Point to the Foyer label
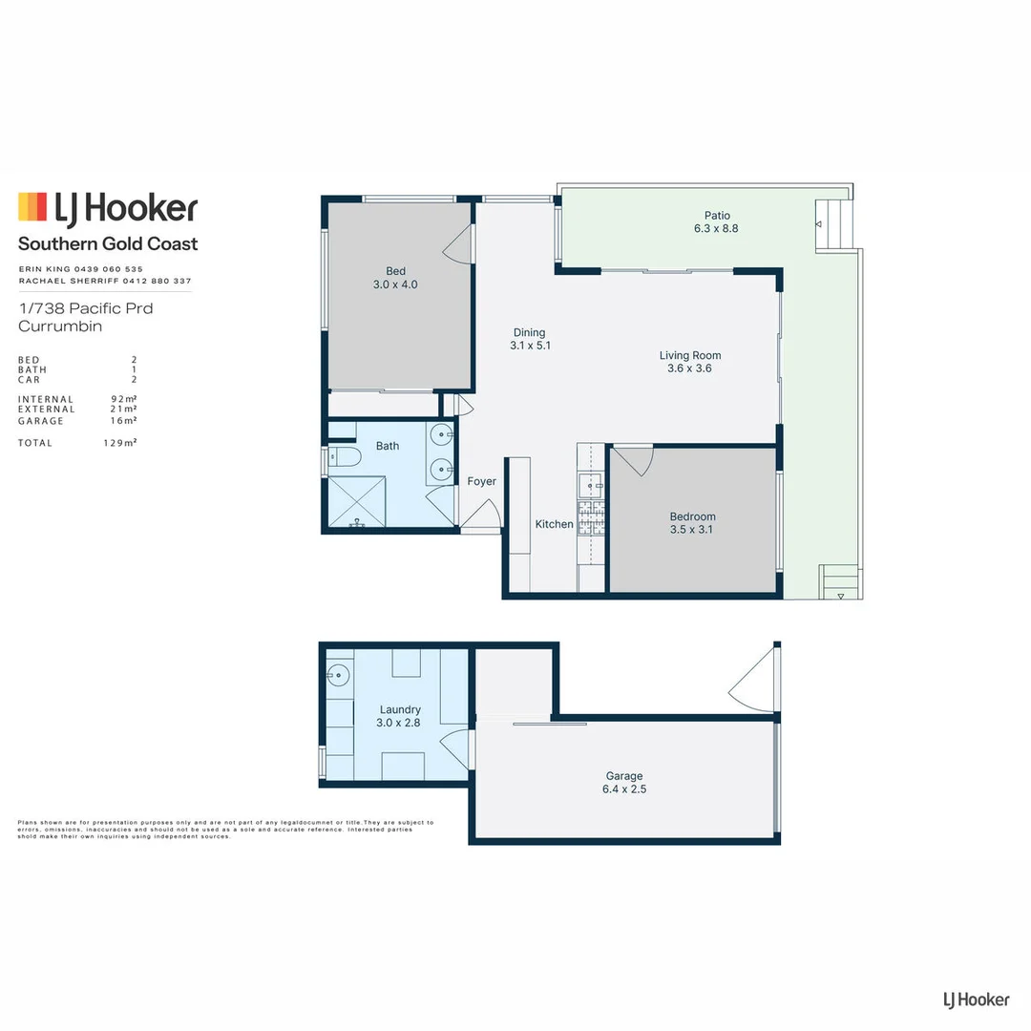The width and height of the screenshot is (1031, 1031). (x=482, y=482)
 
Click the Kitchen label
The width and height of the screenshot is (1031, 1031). (x=554, y=524)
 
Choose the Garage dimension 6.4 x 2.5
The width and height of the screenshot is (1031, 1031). (x=624, y=789)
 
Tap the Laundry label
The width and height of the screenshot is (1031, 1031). (x=400, y=709)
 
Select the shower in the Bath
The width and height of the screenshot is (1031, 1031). (x=360, y=500)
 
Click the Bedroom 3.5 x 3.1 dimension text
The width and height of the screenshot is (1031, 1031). (x=692, y=530)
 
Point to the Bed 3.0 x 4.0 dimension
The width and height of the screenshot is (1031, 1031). (x=395, y=284)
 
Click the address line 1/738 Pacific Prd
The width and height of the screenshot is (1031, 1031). (x=85, y=308)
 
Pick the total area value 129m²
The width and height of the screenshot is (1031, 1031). (x=120, y=443)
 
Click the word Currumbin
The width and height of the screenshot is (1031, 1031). (x=60, y=326)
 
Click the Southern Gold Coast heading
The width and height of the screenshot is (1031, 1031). (x=108, y=244)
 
